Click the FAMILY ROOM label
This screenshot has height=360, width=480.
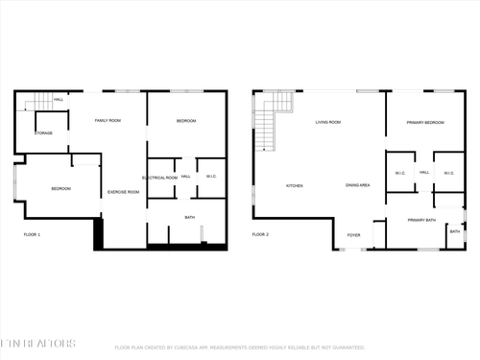(108, 121)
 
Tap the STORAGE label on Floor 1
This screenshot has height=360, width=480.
(44, 132)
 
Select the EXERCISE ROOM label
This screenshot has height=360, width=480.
(123, 192)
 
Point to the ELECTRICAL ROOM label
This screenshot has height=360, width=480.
(159, 178)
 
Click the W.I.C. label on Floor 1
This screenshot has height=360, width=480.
(211, 177)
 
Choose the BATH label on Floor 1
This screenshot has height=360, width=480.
(190, 218)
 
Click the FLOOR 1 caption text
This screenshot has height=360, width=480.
(32, 234)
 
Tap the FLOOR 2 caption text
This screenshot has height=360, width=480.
(260, 234)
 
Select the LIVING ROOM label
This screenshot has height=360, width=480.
(329, 122)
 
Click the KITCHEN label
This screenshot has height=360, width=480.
(295, 185)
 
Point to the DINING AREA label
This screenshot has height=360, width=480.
(358, 185)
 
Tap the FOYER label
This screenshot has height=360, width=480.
(353, 234)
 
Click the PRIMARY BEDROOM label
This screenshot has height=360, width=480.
(424, 123)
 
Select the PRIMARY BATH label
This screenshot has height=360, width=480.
(421, 221)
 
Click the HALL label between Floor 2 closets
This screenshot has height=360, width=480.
(423, 173)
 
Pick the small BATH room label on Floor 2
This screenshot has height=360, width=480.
(455, 231)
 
